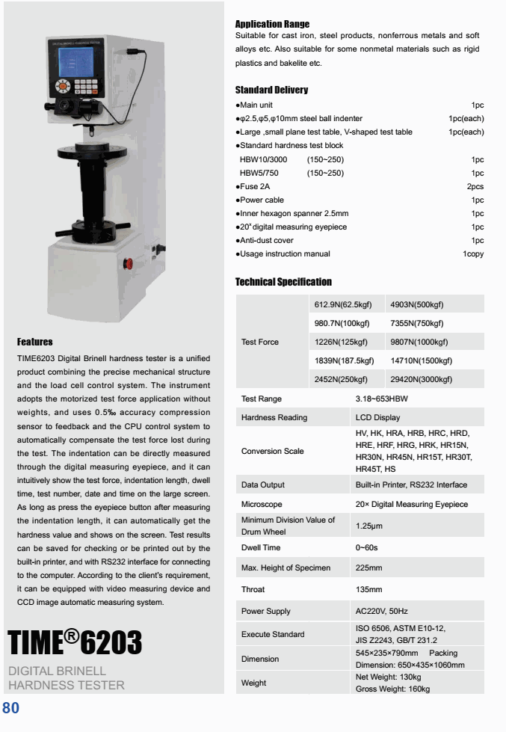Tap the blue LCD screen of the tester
[x=75, y=58]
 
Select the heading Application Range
[x=272, y=25]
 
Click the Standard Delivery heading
[x=271, y=90]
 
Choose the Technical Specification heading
[x=283, y=282]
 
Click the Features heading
[x=34, y=342]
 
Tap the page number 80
[x=10, y=707]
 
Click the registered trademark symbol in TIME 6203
[x=71, y=636]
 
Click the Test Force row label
[x=259, y=342]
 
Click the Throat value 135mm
[x=369, y=590]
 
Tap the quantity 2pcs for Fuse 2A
[x=475, y=186]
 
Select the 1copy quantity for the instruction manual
[x=473, y=254]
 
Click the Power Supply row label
[x=266, y=611]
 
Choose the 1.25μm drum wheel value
[x=370, y=526]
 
